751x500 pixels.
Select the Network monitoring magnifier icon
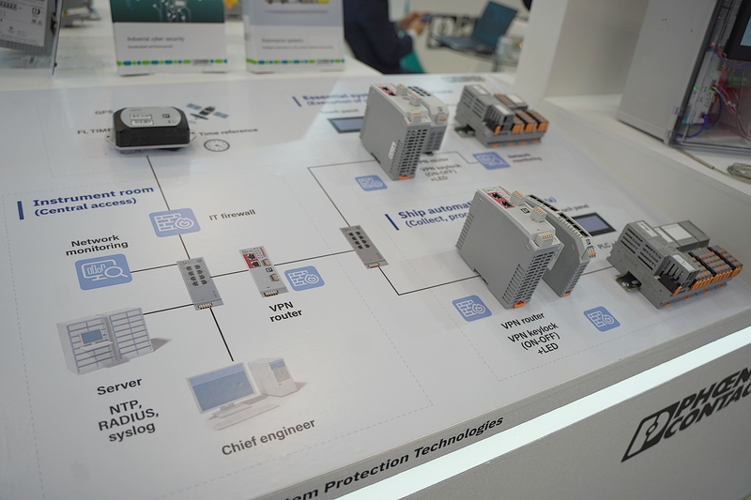102,271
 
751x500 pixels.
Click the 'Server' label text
119,384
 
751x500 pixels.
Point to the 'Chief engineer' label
268,436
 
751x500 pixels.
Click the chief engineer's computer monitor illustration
222,386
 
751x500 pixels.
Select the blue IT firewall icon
174,222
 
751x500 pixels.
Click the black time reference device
151,128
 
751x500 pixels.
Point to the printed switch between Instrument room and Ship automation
358,246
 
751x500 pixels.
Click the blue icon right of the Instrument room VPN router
303,279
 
